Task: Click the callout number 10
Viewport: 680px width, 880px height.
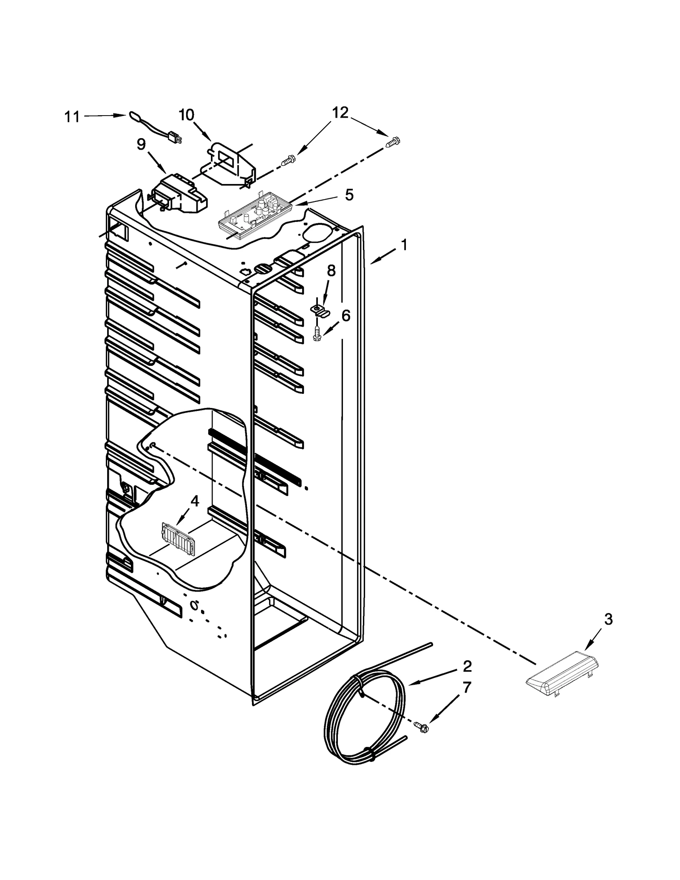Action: point(186,115)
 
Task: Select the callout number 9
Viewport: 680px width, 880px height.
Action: point(141,144)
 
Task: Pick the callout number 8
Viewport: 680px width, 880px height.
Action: point(331,270)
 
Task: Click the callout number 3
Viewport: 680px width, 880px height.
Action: point(609,620)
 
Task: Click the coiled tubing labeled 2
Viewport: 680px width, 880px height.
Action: point(365,718)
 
